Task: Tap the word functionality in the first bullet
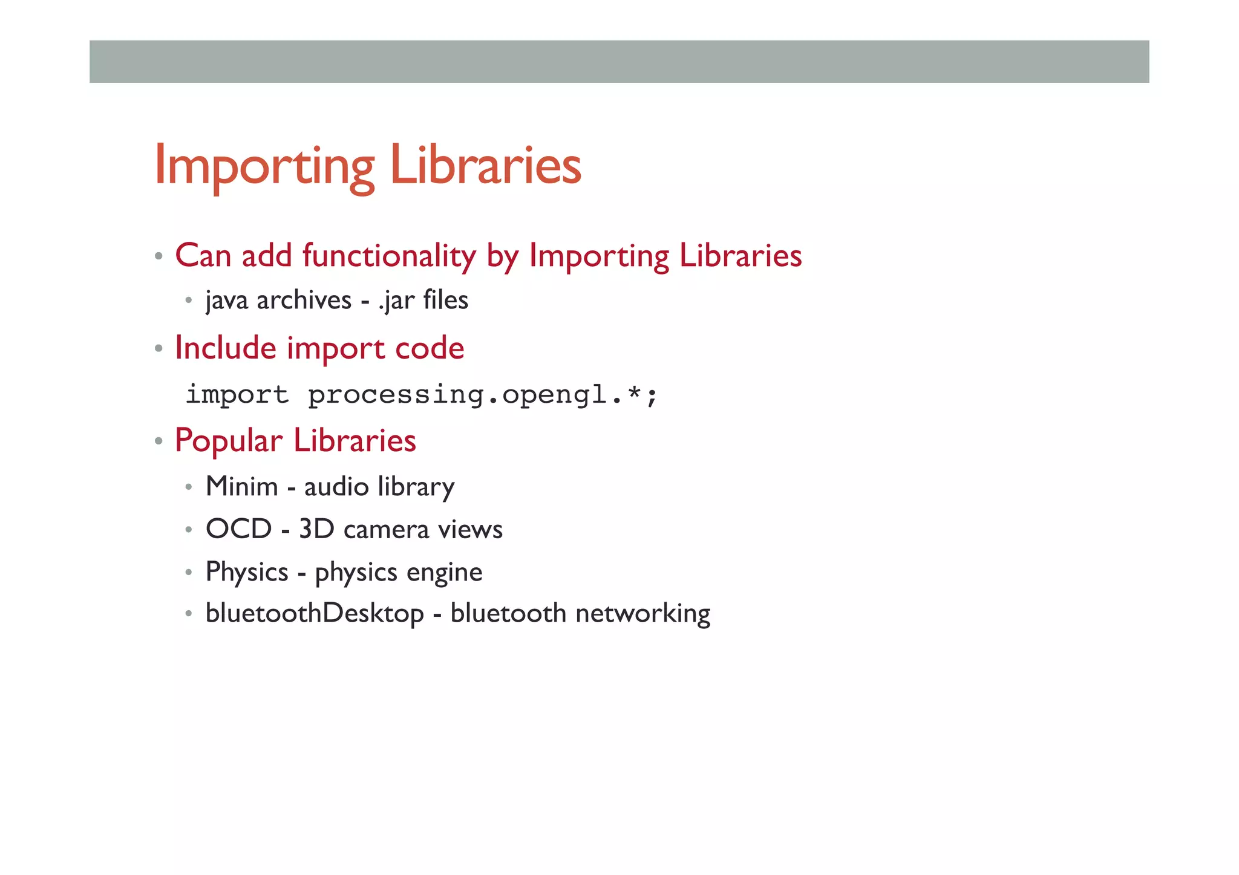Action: point(389,255)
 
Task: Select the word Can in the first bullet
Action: point(203,255)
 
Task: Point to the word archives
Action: point(304,300)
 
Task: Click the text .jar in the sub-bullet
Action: point(396,300)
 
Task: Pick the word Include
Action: point(226,348)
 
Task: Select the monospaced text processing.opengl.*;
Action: point(482,395)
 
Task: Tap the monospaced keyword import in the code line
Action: point(237,395)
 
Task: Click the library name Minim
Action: point(241,486)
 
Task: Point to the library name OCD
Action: point(238,529)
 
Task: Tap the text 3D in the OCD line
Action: point(316,529)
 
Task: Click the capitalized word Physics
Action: point(247,572)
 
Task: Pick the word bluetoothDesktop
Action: point(315,614)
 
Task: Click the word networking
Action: point(643,614)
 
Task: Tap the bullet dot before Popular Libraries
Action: point(159,441)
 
